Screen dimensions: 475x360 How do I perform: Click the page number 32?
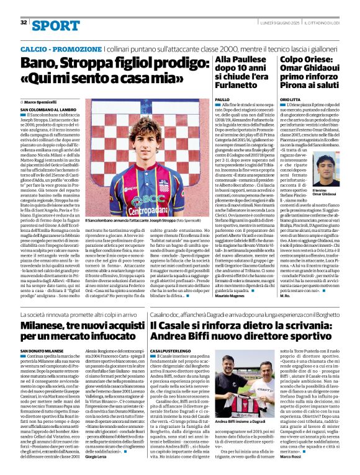click(x=24, y=22)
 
